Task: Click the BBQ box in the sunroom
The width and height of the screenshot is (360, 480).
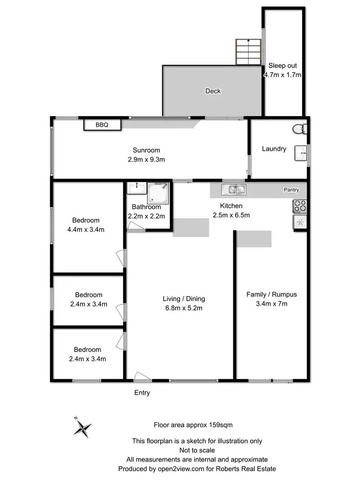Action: coord(102,125)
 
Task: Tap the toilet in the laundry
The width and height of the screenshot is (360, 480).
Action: coord(300,129)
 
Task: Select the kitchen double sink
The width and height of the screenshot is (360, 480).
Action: coord(233,190)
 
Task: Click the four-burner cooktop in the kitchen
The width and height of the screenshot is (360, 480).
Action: coord(300,206)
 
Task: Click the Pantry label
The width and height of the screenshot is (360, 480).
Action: coord(291,190)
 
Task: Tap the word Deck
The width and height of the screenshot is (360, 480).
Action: coord(213,91)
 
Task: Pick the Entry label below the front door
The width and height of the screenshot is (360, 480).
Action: coord(142,393)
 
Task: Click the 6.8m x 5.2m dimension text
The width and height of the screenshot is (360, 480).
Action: coord(184,308)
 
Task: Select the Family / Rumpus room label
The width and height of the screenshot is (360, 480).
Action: coord(271,294)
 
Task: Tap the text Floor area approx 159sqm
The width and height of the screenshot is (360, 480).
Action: coord(193,424)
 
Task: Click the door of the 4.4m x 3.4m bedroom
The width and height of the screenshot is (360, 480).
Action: coord(122,258)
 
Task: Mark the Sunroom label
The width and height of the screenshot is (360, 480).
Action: coord(147,150)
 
